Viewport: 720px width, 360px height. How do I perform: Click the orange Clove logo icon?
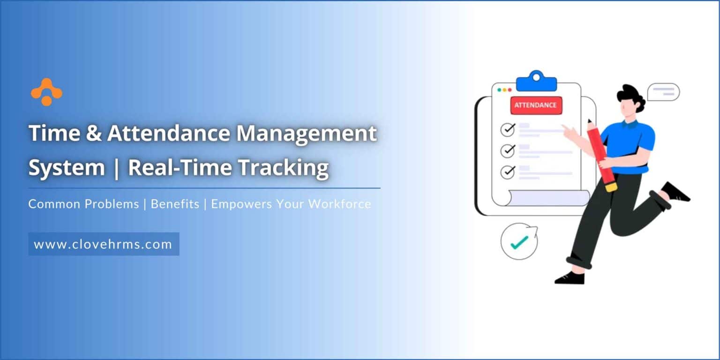coord(46,91)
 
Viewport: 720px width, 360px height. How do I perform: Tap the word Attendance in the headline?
coord(168,134)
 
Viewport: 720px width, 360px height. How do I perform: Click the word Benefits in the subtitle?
coord(175,204)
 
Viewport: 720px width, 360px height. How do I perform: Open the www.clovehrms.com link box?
coord(104,244)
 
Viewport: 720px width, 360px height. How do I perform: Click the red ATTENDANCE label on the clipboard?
coord(536,105)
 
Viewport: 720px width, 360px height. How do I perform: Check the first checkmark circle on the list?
coord(508,129)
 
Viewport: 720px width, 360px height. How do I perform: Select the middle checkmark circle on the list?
coord(508,151)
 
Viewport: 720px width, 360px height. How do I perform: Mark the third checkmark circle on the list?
coord(508,172)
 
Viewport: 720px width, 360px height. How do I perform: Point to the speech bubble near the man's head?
coord(663,91)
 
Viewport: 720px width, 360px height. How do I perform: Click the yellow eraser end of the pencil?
coord(611,187)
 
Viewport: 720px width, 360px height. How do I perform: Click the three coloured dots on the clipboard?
coord(504,90)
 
